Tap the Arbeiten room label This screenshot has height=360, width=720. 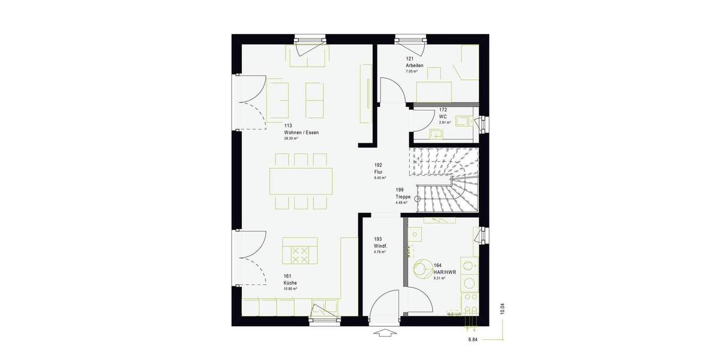tap(415, 65)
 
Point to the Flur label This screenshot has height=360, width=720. tap(378, 172)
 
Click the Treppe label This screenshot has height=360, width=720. tap(403, 197)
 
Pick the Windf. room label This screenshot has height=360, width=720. tap(380, 246)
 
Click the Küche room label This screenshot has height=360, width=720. tap(290, 283)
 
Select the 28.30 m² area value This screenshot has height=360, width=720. tap(291, 138)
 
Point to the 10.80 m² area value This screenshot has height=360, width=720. tap(290, 289)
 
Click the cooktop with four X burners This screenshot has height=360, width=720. tap(299, 254)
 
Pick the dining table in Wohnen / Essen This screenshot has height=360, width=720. tap(301, 181)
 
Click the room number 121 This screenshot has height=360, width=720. tap(410, 59)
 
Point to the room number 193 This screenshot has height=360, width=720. tap(378, 239)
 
